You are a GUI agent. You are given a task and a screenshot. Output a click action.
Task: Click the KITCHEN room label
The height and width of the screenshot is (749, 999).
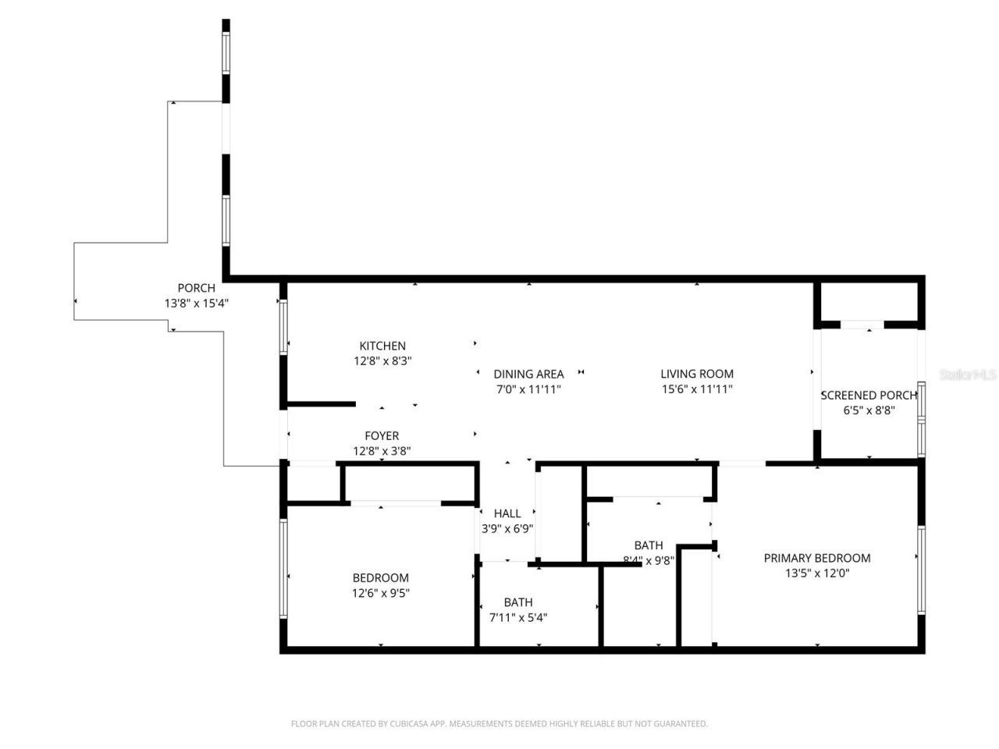pos(382,346)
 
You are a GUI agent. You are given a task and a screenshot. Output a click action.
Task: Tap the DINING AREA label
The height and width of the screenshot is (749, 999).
pos(528,374)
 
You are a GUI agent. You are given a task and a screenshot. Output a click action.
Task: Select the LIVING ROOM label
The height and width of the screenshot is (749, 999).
pos(697,374)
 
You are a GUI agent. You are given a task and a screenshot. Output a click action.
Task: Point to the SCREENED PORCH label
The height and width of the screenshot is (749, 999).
pos(868,396)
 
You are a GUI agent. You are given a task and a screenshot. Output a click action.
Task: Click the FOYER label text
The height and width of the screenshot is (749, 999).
pos(382,436)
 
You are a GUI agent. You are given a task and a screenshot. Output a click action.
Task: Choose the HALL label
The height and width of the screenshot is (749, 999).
pos(507,513)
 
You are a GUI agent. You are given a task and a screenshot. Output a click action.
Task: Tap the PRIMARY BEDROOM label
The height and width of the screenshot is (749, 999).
pos(817,558)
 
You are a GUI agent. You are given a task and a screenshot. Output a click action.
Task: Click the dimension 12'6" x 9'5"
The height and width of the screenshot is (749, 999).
pos(381,593)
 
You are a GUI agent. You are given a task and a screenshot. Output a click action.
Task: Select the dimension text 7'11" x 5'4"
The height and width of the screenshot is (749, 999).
pos(518,617)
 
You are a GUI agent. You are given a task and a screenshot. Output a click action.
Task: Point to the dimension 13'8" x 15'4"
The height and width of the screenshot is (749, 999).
pos(196,304)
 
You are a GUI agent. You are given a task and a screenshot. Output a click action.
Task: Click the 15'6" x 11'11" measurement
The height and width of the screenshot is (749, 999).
pos(697,389)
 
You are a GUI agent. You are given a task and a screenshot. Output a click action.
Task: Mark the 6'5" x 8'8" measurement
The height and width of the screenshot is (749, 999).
pos(868,410)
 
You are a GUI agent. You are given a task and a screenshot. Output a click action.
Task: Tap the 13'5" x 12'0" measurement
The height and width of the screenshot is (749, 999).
pos(817,573)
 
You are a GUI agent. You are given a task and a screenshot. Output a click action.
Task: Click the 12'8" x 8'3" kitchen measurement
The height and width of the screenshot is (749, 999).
pos(382,360)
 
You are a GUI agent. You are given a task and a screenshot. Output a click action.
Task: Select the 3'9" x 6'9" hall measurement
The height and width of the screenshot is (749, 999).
pos(507,528)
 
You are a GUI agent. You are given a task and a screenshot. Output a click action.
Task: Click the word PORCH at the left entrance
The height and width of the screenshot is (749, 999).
pos(196,288)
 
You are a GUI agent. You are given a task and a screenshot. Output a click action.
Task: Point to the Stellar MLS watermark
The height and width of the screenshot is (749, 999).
pos(968,375)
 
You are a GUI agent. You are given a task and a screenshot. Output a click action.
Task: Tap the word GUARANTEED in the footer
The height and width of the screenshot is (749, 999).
pos(681,724)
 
